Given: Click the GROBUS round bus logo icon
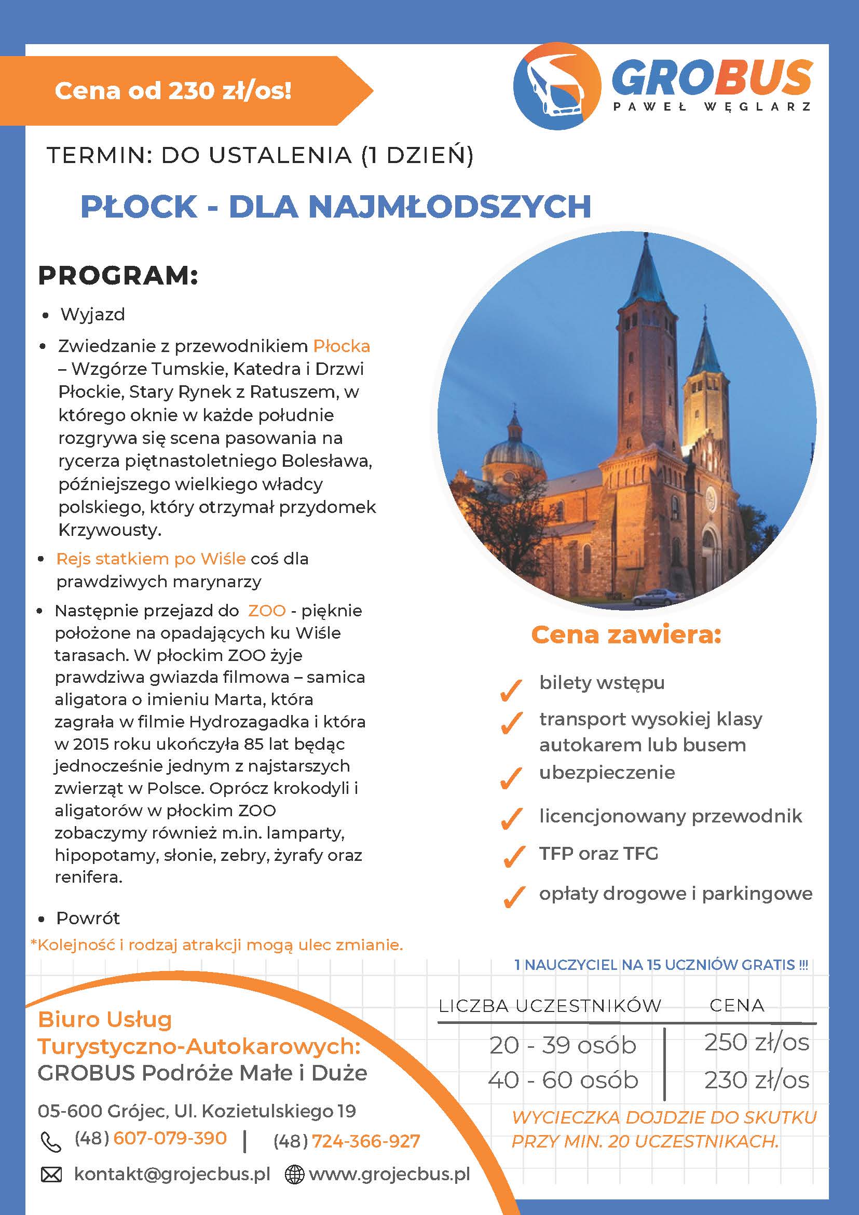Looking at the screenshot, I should (x=556, y=86).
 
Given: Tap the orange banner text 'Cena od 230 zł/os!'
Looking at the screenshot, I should (x=173, y=91).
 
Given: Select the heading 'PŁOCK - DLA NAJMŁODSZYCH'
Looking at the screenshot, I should (x=335, y=206).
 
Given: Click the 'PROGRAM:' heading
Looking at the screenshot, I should (x=118, y=276).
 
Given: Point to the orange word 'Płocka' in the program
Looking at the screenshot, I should (x=342, y=347).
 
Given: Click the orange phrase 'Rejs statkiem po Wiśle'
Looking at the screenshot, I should (x=151, y=559).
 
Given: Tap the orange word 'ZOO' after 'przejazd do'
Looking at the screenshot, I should (x=267, y=611).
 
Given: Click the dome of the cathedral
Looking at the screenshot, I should (x=512, y=450).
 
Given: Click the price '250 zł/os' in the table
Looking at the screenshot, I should (x=756, y=1043).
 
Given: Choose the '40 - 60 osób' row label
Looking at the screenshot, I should (x=563, y=1080).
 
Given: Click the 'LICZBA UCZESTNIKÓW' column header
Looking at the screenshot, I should (x=550, y=1005).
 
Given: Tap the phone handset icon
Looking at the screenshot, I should (x=51, y=1141).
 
